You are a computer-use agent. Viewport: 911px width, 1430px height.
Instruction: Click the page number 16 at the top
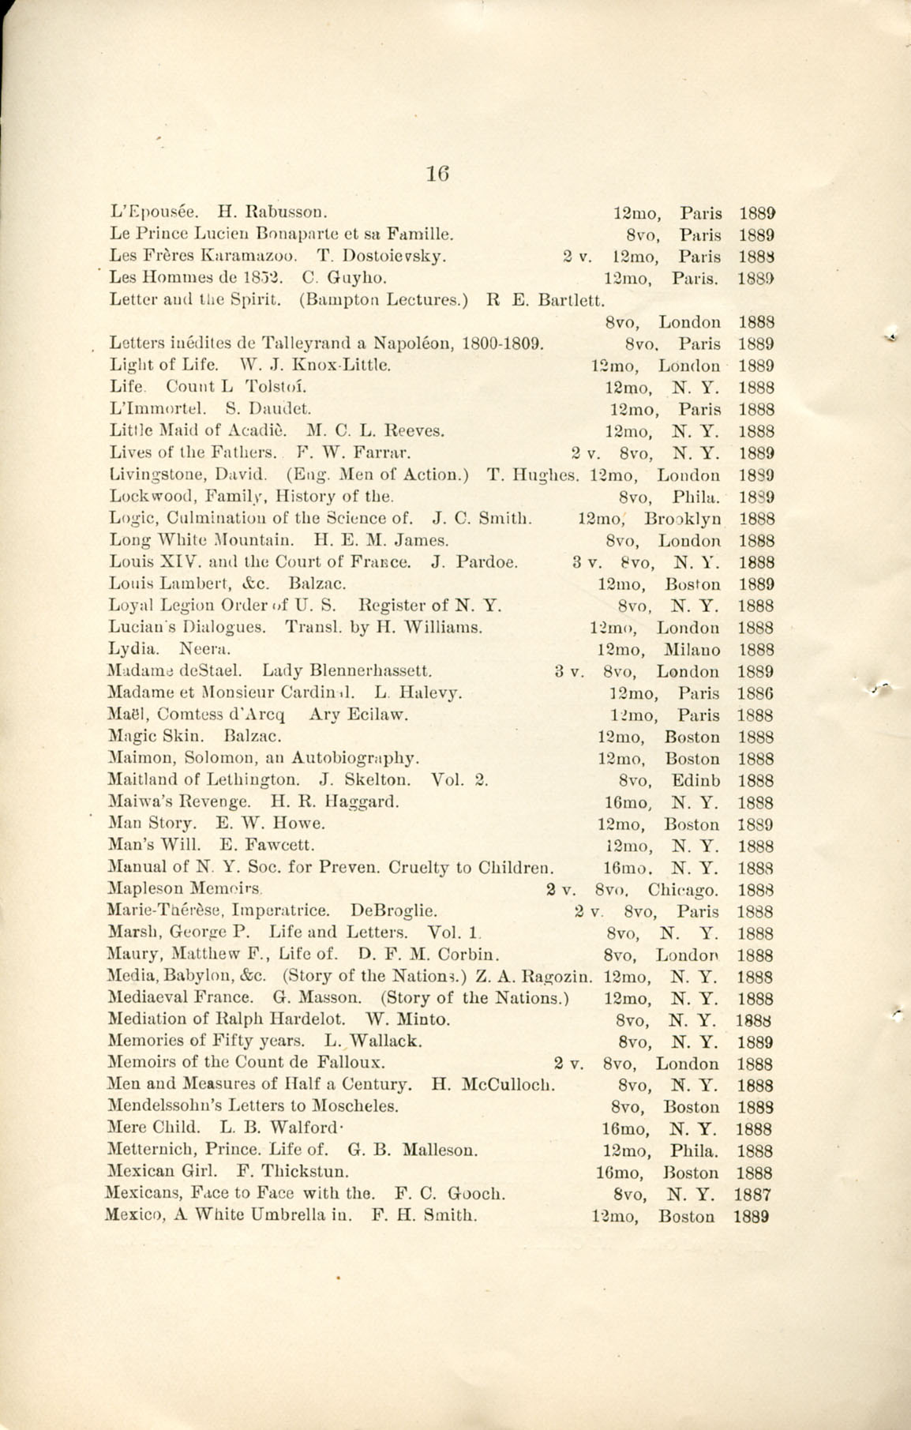click(437, 174)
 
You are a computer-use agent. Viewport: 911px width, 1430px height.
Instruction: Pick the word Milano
click(692, 651)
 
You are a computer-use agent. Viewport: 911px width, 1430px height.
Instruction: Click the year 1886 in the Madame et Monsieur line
click(755, 694)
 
